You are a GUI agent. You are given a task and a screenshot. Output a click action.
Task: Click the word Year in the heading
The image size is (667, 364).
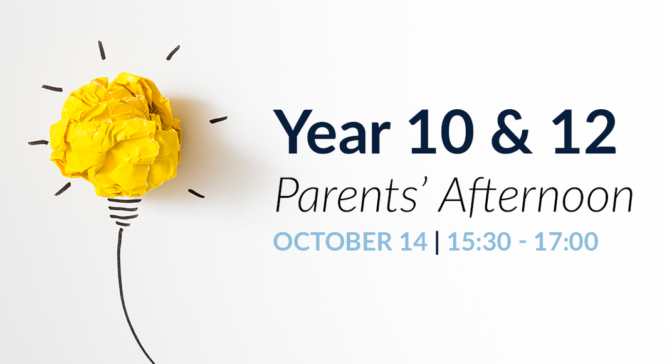(x=332, y=132)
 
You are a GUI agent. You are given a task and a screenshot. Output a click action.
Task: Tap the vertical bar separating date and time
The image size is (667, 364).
(x=437, y=242)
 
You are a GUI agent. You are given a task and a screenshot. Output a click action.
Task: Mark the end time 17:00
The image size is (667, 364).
(x=566, y=242)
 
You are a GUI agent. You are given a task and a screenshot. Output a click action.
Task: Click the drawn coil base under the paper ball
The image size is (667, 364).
(x=123, y=211)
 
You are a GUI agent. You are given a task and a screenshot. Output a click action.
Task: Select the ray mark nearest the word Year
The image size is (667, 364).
(x=218, y=119)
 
